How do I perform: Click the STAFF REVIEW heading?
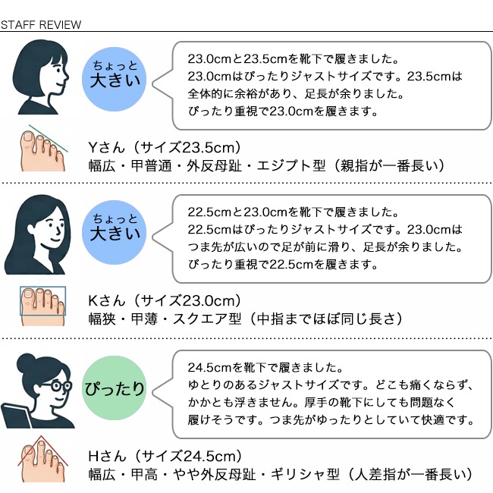click(41, 24)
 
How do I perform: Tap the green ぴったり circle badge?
click(114, 388)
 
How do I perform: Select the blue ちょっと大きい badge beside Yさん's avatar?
click(114, 79)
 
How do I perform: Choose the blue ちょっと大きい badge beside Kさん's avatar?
click(114, 232)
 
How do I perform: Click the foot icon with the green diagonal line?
click(43, 148)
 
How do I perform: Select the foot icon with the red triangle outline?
click(42, 459)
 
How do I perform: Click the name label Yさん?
click(106, 147)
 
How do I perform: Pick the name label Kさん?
click(106, 301)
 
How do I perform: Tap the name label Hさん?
click(107, 456)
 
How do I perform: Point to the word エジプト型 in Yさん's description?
click(291, 165)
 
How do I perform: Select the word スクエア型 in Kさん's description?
click(207, 319)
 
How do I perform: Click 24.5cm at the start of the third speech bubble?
click(210, 368)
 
